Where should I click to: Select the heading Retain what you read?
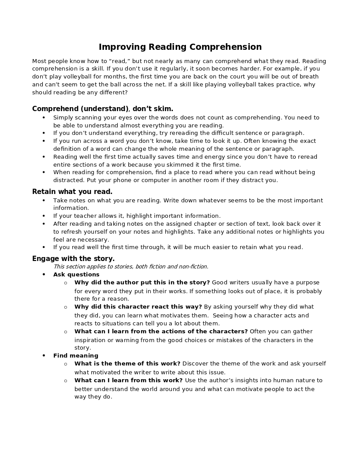click(x=72, y=192)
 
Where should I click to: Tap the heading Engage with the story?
click(x=73, y=259)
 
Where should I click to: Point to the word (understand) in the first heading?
click(x=104, y=109)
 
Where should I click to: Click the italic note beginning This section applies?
click(x=130, y=267)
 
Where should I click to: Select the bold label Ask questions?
click(x=76, y=275)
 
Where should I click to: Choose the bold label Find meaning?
click(x=76, y=356)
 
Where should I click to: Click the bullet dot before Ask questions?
click(x=44, y=275)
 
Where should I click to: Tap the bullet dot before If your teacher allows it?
click(x=44, y=216)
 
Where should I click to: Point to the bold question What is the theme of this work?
click(x=127, y=364)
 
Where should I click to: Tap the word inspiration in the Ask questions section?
click(x=91, y=340)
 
